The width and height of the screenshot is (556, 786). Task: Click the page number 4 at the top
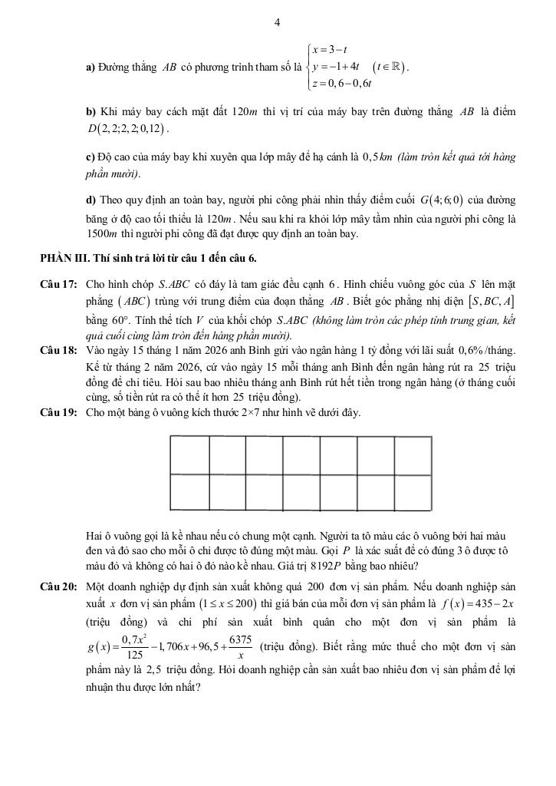pos(278,23)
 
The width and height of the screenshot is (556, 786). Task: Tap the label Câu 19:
pos(58,413)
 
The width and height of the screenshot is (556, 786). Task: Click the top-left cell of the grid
pos(188,455)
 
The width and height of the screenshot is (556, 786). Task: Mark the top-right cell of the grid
pos(413,455)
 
